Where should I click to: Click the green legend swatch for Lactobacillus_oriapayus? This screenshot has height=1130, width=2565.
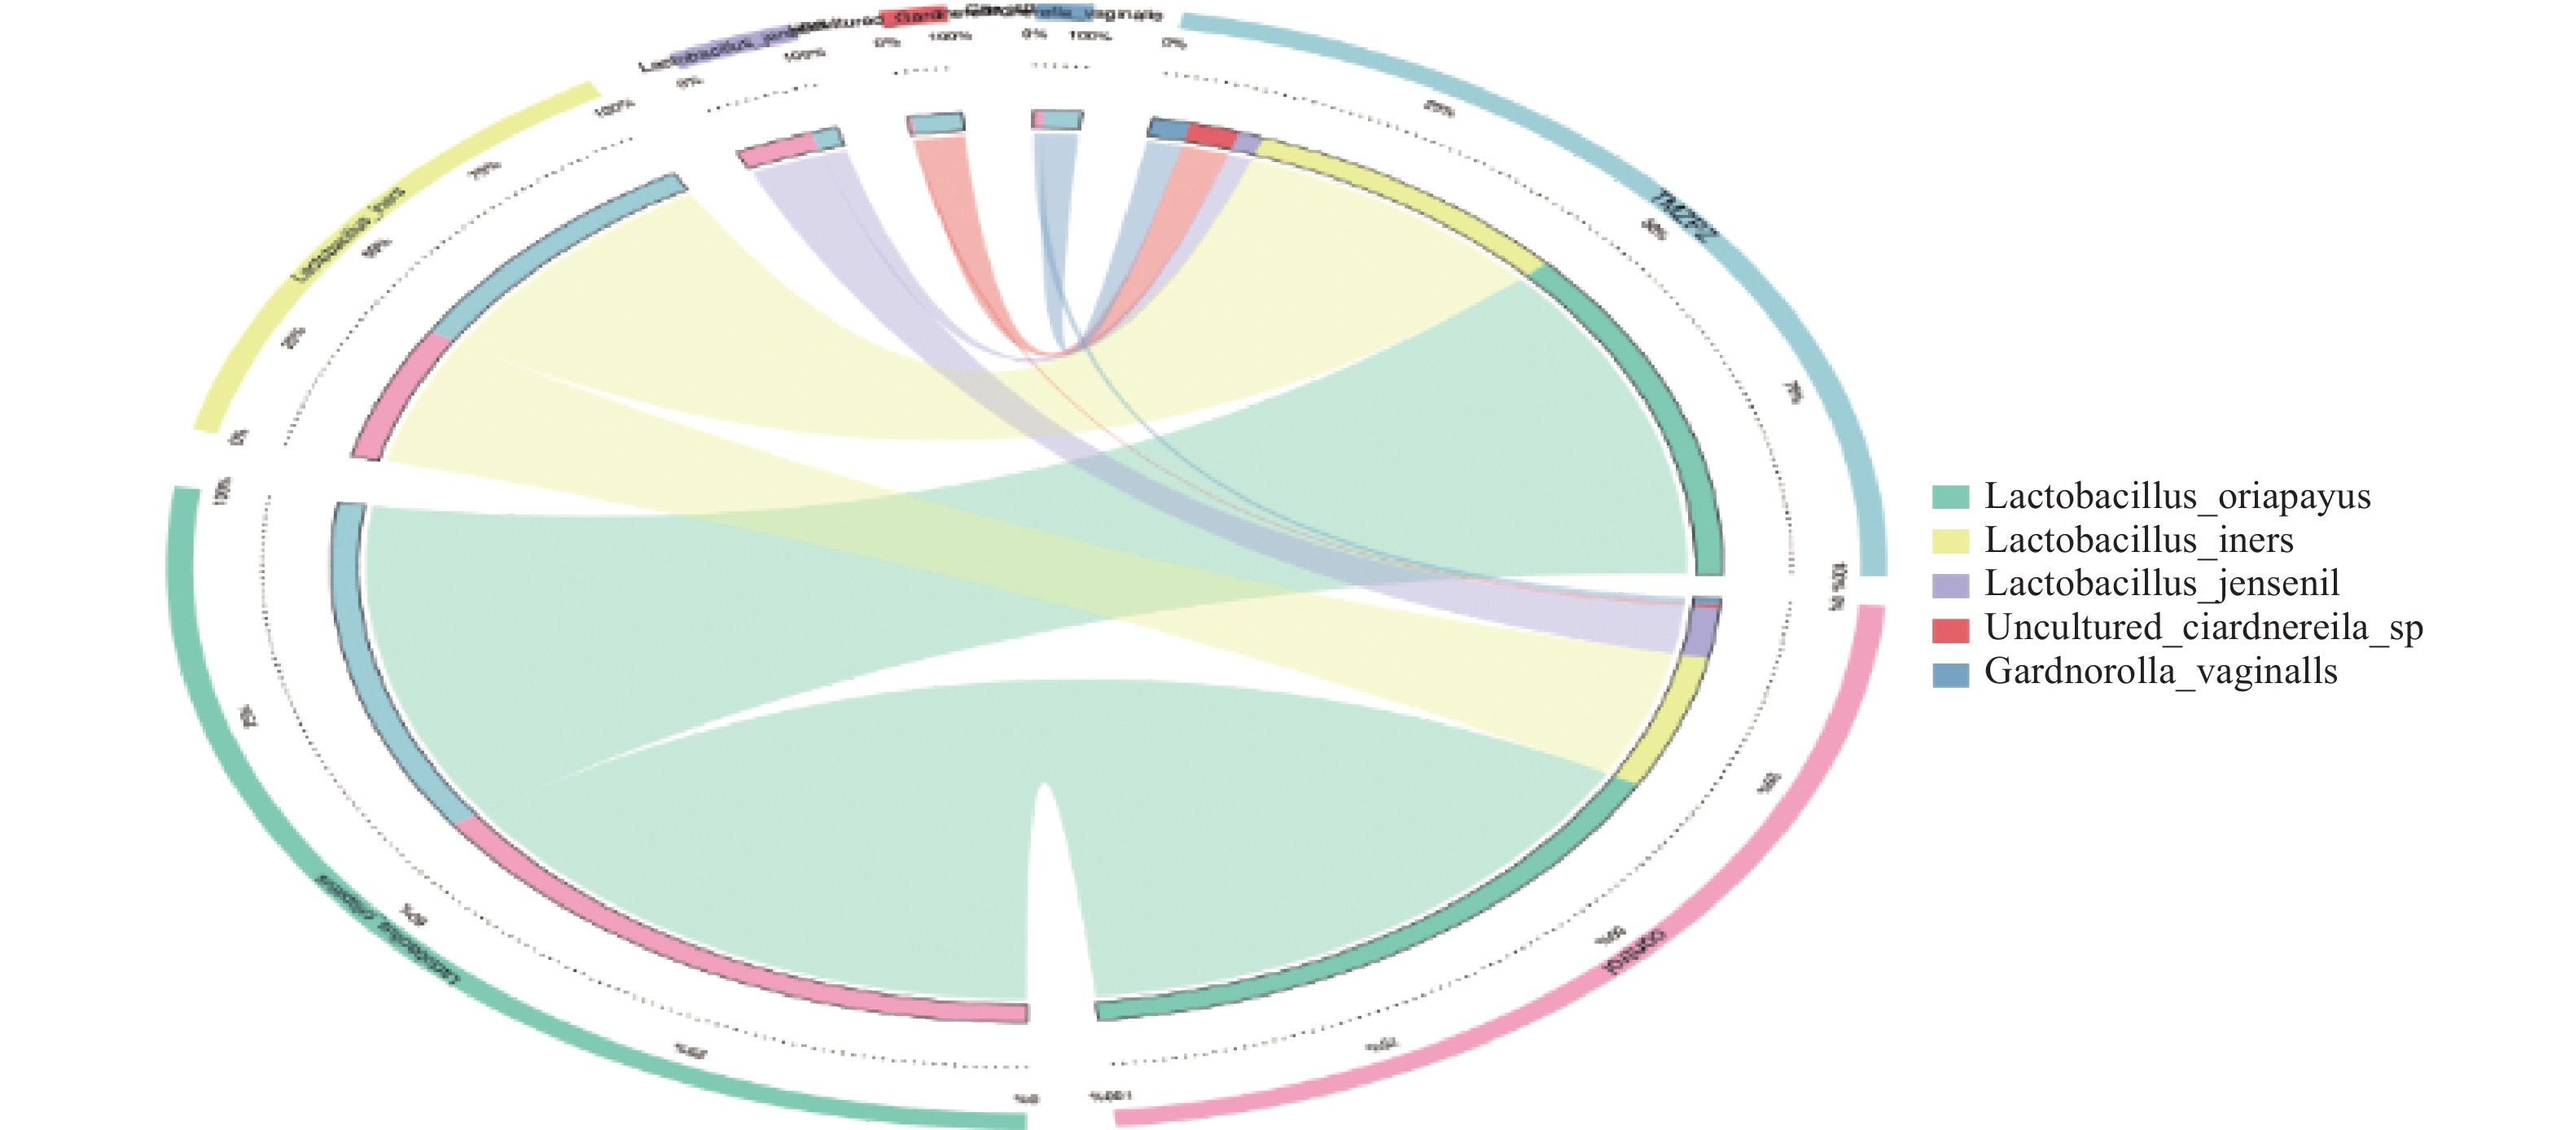tap(1949, 497)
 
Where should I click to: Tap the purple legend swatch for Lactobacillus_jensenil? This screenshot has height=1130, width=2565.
tap(1949, 585)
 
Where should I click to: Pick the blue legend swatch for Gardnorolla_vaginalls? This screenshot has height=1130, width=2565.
tap(1949, 674)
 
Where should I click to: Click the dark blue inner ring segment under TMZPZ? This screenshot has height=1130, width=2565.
tap(1167, 129)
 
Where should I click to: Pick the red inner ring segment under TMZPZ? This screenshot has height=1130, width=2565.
tap(1211, 137)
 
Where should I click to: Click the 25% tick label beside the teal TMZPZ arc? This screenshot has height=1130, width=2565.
tap(1438, 107)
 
